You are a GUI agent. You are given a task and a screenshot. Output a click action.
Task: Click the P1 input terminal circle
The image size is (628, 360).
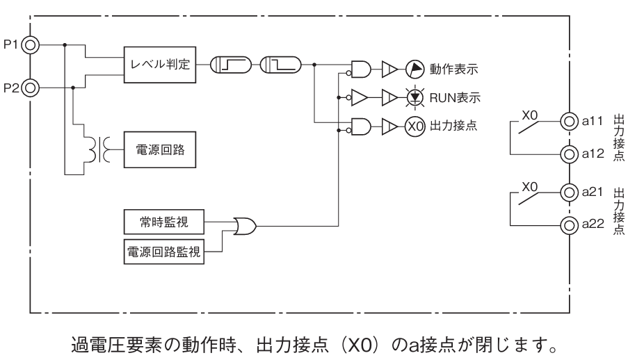pyautogui.click(x=32, y=46)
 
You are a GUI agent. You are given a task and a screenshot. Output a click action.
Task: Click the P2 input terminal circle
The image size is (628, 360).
pyautogui.click(x=32, y=88)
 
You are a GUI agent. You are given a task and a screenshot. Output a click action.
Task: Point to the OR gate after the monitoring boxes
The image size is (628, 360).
pyautogui.click(x=245, y=225)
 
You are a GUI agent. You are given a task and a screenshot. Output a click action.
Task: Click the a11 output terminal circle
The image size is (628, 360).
pyautogui.click(x=569, y=122)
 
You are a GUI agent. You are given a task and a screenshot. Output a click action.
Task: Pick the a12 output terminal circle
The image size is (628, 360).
pyautogui.click(x=569, y=153)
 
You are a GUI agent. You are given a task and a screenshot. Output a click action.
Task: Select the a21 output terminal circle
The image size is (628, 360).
pyautogui.click(x=569, y=192)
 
